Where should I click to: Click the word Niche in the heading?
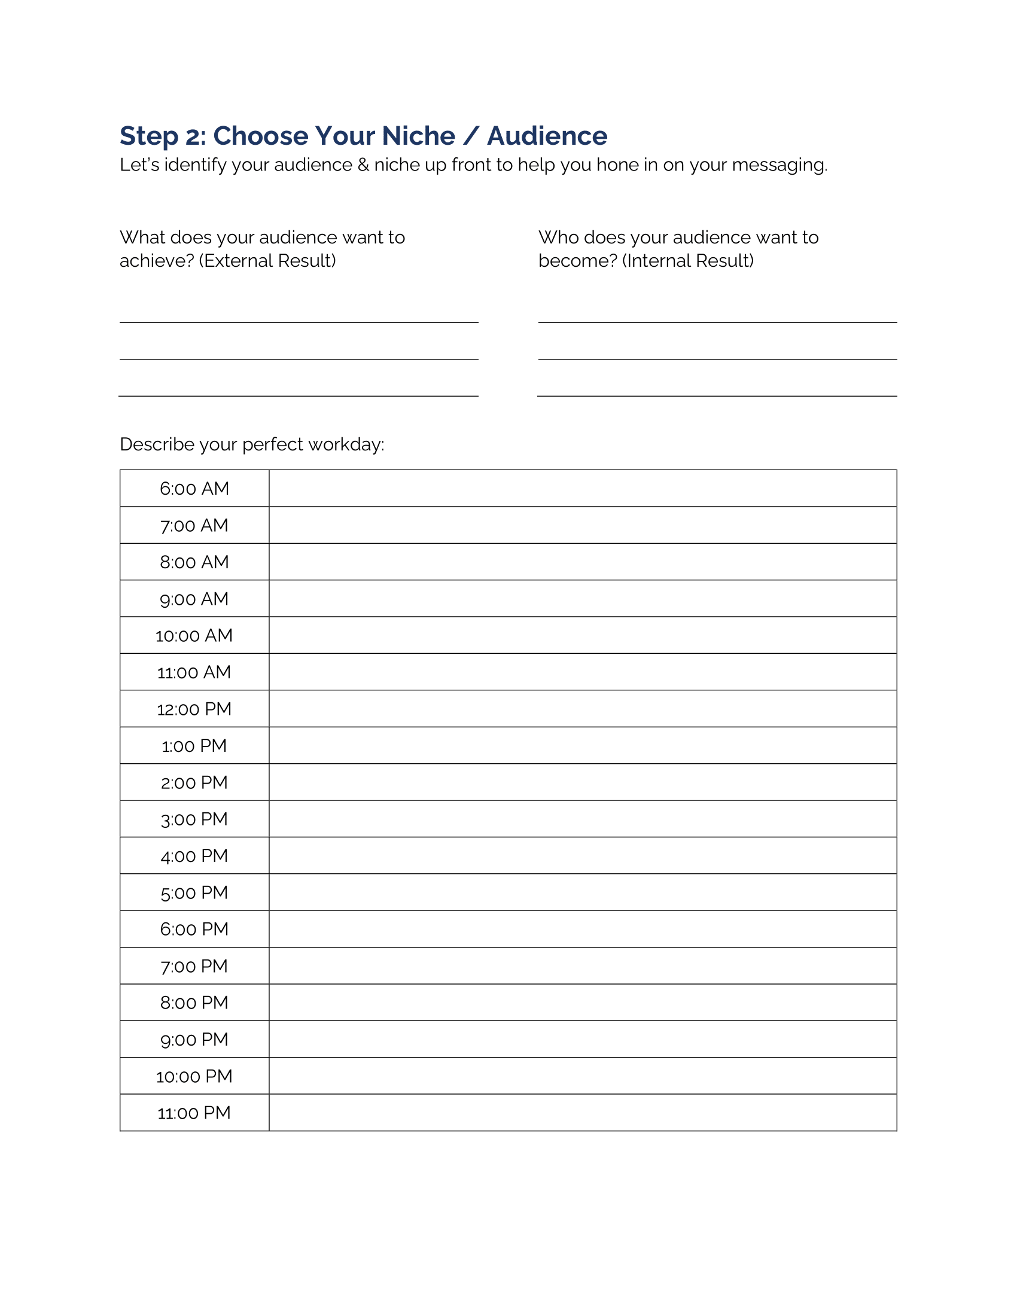(x=418, y=136)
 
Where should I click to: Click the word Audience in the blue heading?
(x=546, y=136)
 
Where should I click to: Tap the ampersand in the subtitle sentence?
(x=363, y=164)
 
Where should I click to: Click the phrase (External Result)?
(x=267, y=260)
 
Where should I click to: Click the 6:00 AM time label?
(x=194, y=489)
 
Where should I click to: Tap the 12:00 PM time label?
(x=194, y=709)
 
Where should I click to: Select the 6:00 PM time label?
(x=194, y=929)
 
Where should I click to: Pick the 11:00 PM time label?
(x=194, y=1113)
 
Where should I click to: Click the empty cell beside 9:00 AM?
(x=582, y=599)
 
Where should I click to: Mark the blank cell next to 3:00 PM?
(x=582, y=819)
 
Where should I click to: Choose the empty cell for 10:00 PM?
(x=582, y=1076)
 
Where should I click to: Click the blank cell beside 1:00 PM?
(x=582, y=746)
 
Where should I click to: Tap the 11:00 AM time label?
(x=194, y=672)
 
